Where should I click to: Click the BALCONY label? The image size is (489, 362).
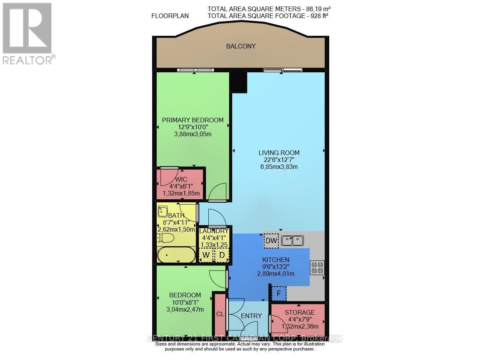click(x=241, y=46)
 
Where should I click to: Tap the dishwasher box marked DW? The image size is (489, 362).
click(x=271, y=241)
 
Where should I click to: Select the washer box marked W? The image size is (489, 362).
click(x=206, y=255)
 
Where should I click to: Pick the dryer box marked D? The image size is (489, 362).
click(x=222, y=255)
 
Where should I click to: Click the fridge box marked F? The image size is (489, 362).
click(x=279, y=294)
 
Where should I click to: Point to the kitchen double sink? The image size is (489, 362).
click(x=292, y=241)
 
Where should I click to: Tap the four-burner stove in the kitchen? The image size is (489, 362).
click(x=317, y=267)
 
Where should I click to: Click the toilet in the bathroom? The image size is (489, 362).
click(x=166, y=239)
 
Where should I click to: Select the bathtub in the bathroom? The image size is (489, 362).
click(x=176, y=255)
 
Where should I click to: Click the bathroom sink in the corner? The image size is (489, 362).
click(x=162, y=211)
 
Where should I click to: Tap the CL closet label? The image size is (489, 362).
click(x=220, y=314)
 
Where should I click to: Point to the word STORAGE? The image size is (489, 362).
click(x=300, y=312)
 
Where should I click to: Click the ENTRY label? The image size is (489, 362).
click(x=251, y=316)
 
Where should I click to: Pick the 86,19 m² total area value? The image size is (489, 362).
click(x=317, y=8)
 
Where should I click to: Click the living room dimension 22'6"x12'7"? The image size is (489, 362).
click(x=279, y=160)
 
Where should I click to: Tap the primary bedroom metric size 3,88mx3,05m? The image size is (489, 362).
click(x=193, y=134)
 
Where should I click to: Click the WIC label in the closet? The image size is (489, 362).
click(x=181, y=179)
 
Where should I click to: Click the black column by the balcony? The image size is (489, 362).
click(x=239, y=82)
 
